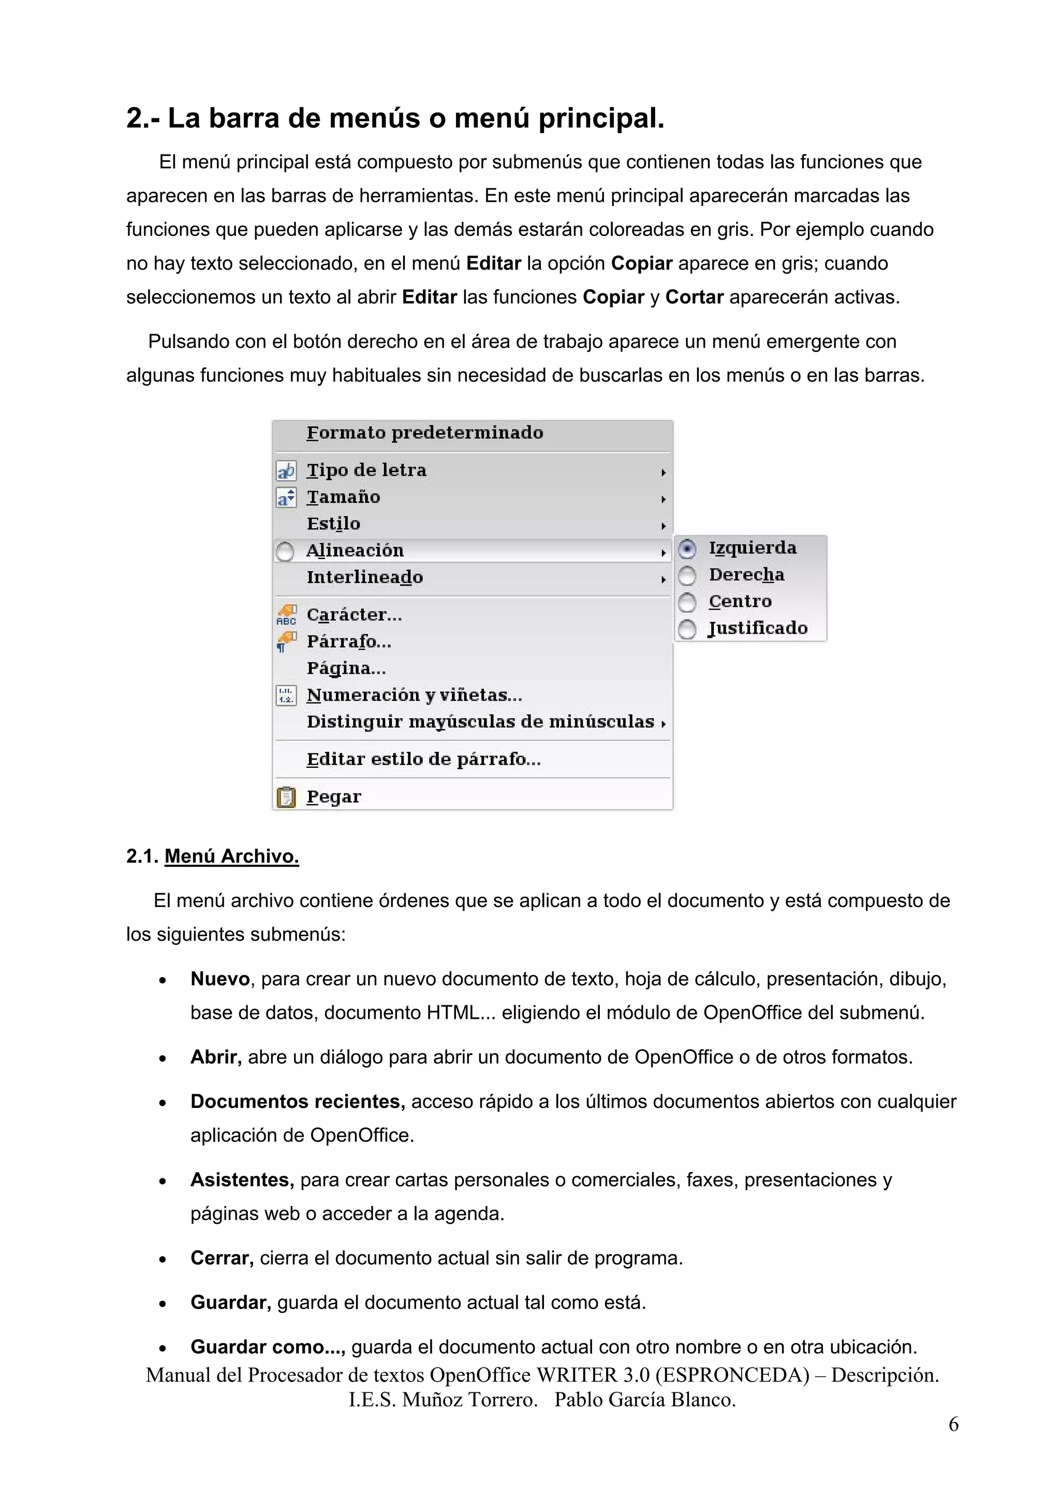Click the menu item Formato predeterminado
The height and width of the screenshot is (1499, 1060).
424,433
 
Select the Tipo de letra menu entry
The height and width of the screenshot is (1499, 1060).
366,470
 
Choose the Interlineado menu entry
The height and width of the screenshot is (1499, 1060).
364,577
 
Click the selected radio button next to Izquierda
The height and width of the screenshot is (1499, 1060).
686,549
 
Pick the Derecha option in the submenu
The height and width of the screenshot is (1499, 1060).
746,575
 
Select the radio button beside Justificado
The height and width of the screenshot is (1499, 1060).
687,629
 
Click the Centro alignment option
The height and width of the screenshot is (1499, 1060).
740,601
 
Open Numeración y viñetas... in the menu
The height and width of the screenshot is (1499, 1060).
414,695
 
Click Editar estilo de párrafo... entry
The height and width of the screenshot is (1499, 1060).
423,759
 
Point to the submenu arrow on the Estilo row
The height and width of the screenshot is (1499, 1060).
663,526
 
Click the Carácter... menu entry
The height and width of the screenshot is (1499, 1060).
354,615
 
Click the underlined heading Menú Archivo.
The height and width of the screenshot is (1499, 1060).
231,856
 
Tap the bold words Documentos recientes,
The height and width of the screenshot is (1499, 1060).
297,1102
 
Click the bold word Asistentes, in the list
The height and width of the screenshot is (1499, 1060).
242,1180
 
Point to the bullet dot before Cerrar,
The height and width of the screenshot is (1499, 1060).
163,1259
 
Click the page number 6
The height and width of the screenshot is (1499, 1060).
953,1424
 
